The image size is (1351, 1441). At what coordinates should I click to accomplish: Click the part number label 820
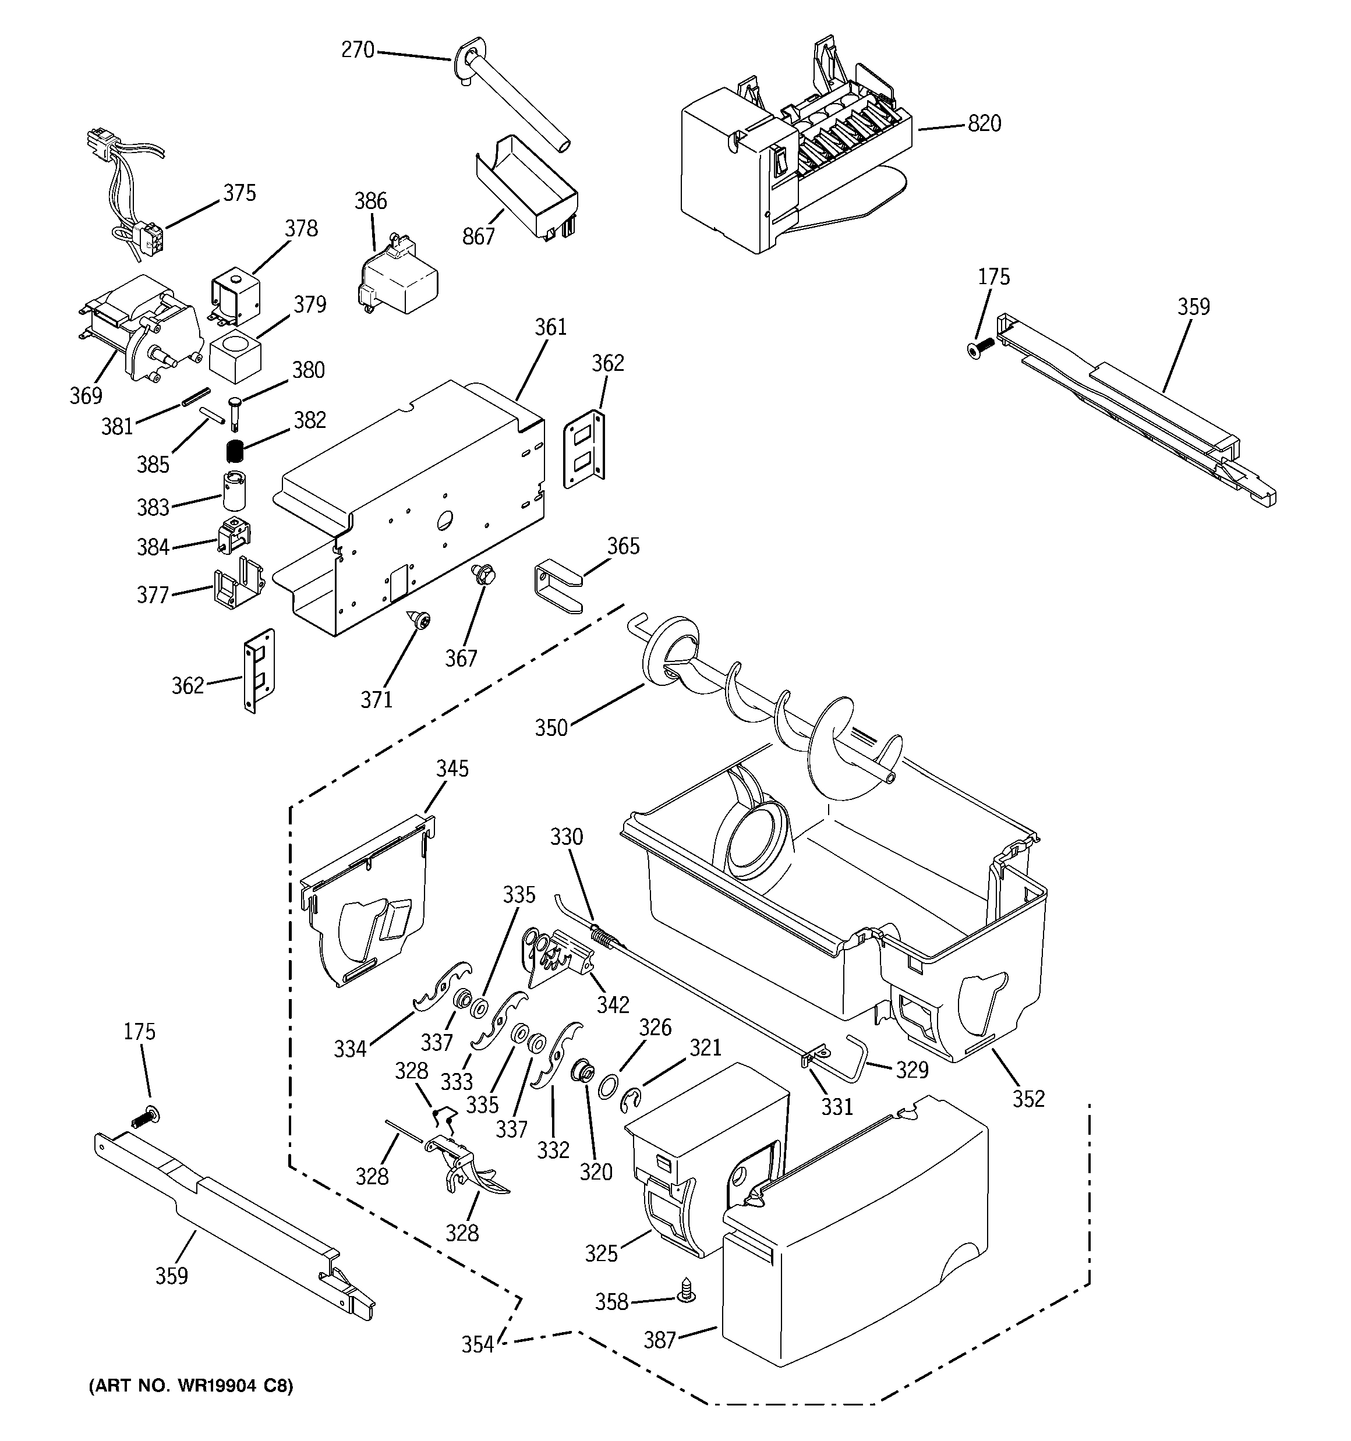(x=984, y=124)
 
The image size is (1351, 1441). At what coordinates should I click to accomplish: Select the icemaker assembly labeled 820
(x=790, y=167)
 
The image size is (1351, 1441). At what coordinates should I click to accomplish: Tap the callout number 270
(x=358, y=50)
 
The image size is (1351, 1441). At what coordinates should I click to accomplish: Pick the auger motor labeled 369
(x=145, y=326)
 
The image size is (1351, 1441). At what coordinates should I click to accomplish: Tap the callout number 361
(x=550, y=328)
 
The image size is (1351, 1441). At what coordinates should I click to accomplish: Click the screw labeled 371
(x=419, y=619)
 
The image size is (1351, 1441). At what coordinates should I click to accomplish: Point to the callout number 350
(x=551, y=727)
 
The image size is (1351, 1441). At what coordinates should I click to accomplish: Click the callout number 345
(x=452, y=769)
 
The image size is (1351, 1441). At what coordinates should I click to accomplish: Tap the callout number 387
(x=660, y=1340)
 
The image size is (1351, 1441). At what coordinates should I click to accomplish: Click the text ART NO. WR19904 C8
(x=191, y=1386)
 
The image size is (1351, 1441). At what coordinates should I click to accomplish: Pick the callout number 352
(x=1028, y=1098)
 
